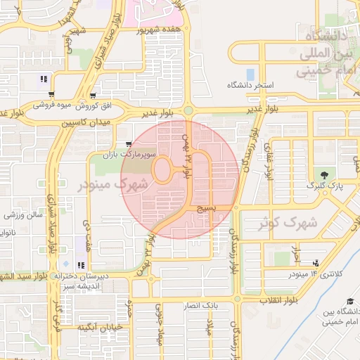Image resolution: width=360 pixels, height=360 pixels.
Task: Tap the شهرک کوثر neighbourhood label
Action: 288,223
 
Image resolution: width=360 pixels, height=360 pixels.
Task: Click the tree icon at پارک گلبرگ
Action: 323,174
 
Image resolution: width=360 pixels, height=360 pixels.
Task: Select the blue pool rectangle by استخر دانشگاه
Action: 250,74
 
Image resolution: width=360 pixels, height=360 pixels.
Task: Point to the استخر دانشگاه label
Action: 250,85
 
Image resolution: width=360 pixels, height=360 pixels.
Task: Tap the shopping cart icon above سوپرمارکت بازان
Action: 127,143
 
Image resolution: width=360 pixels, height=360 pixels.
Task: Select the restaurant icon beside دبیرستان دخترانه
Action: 82,266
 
